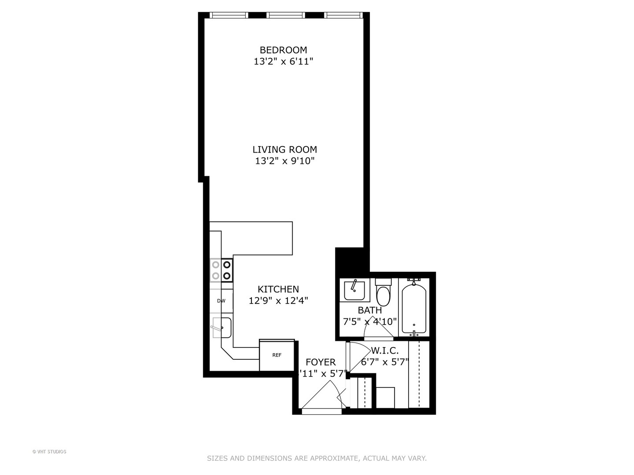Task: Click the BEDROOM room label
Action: (283, 50)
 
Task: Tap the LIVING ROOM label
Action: (284, 150)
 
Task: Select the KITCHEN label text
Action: (278, 289)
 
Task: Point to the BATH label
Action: (370, 311)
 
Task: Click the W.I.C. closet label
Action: (385, 351)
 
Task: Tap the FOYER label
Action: (321, 362)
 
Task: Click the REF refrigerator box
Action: (276, 355)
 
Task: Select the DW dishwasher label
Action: (221, 301)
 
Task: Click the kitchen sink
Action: (222, 328)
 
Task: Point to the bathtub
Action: (414, 308)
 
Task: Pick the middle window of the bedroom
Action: (286, 15)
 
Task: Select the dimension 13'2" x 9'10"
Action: (285, 161)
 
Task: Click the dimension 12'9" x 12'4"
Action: (278, 301)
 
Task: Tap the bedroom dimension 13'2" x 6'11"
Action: (283, 62)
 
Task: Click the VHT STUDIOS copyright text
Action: (49, 452)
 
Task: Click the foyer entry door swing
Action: (321, 396)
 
